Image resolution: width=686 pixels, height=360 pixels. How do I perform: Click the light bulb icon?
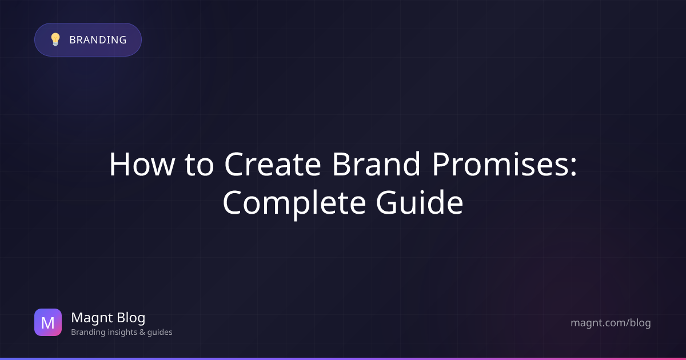pos(55,39)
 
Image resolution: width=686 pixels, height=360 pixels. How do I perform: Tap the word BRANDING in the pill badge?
pos(98,40)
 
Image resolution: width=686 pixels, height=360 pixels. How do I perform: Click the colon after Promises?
pos(573,167)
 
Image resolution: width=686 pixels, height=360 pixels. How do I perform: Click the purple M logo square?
pos(48,322)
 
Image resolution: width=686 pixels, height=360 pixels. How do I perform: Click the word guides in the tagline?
pos(159,332)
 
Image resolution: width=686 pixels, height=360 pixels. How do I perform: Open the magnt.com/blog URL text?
pos(611,323)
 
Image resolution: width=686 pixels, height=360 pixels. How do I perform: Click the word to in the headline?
pos(200,165)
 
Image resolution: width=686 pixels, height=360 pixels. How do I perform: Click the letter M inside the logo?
pos(48,323)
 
